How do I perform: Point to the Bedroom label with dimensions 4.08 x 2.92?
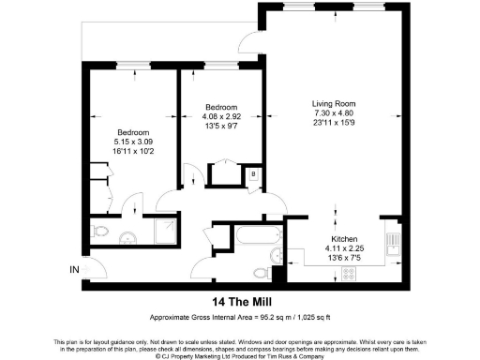point(221,108)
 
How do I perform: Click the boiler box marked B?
point(253,174)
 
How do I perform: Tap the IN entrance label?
point(74,270)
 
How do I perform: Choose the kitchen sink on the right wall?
point(395,245)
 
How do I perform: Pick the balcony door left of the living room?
point(248,41)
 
